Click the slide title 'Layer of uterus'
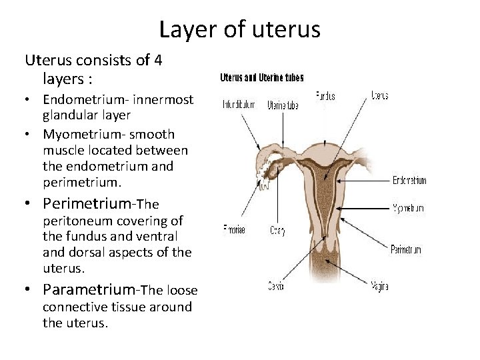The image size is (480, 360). point(240,29)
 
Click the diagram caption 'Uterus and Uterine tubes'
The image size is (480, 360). point(262,77)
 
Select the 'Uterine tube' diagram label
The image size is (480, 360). point(283,105)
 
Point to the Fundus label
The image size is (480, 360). point(326,96)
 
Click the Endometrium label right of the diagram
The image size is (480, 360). point(409,181)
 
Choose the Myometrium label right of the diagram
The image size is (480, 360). point(408,208)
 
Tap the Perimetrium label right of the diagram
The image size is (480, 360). point(406,250)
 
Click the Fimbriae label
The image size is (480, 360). point(234,230)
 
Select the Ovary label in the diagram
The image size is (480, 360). point(277,231)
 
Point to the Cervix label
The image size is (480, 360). point(276,287)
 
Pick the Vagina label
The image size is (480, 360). point(379,287)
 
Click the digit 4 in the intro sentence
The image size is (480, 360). point(158,60)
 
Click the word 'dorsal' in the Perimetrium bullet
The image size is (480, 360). point(89,253)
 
